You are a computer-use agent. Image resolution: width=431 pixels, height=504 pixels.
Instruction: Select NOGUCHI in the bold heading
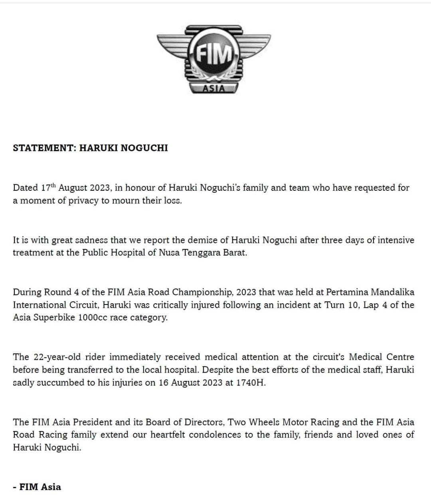pos(144,148)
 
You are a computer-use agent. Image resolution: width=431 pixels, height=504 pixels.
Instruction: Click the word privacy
pos(83,200)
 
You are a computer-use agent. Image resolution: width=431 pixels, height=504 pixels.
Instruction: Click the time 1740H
pos(251,382)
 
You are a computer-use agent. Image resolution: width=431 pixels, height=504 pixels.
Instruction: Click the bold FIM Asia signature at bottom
pos(40,487)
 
